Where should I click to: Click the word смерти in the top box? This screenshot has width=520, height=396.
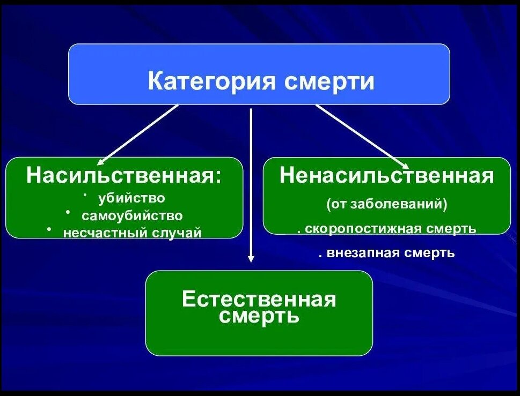click(329, 81)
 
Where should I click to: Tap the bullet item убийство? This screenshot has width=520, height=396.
click(131, 198)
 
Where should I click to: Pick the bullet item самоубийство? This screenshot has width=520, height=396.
click(132, 215)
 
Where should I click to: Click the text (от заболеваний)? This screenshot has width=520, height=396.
click(386, 204)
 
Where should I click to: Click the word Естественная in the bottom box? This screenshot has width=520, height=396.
click(259, 298)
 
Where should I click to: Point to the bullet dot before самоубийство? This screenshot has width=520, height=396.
click(68, 212)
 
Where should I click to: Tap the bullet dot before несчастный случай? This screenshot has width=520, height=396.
click(49, 229)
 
